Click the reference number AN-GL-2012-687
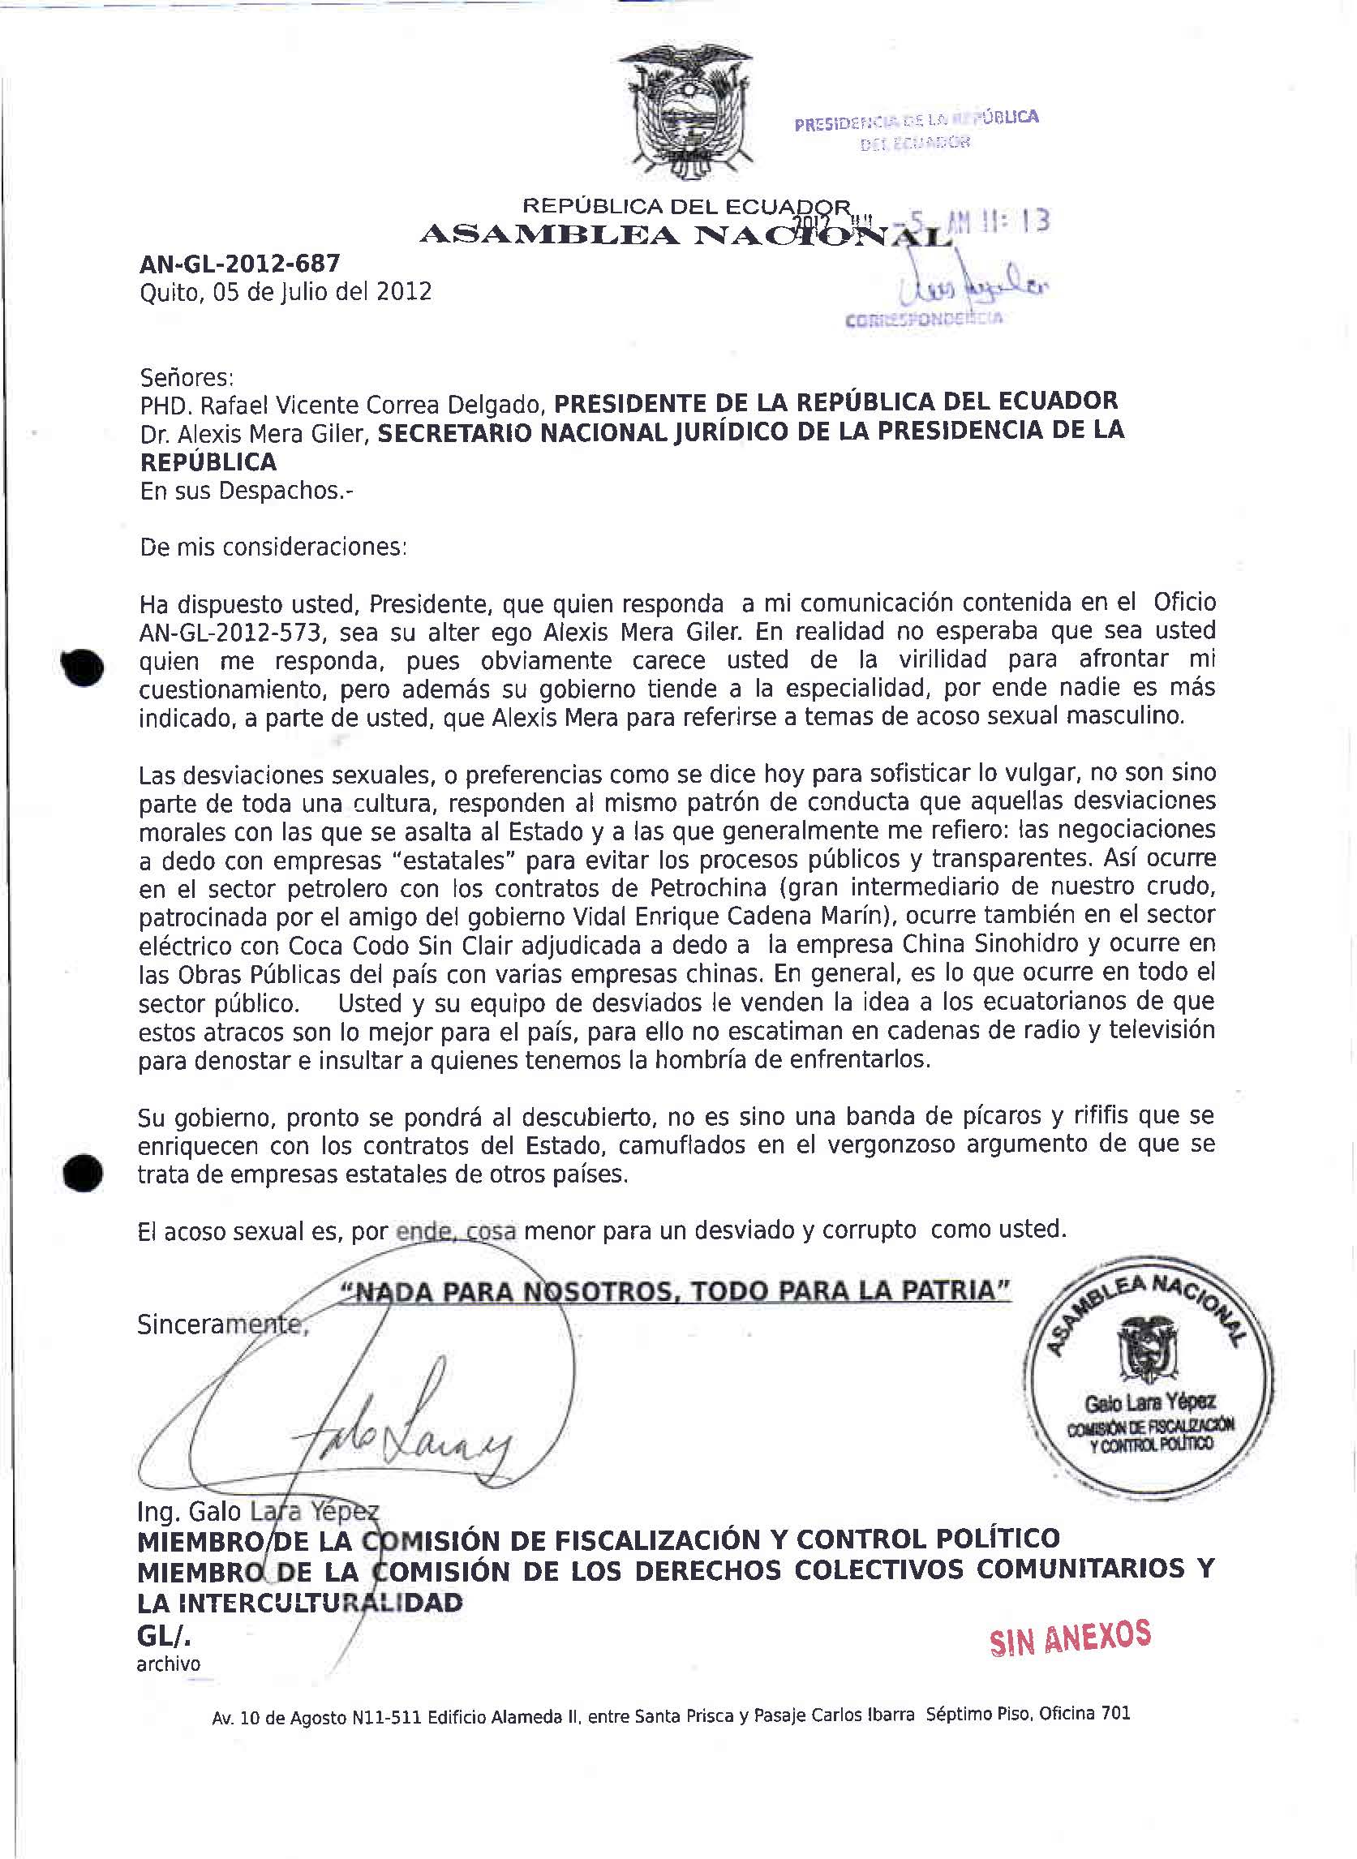[240, 264]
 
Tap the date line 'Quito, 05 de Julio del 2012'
[285, 292]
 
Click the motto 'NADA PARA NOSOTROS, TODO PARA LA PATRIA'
[675, 1291]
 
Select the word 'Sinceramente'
[221, 1324]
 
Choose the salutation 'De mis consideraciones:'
[273, 547]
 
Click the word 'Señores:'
[187, 378]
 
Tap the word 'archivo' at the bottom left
[169, 1664]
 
